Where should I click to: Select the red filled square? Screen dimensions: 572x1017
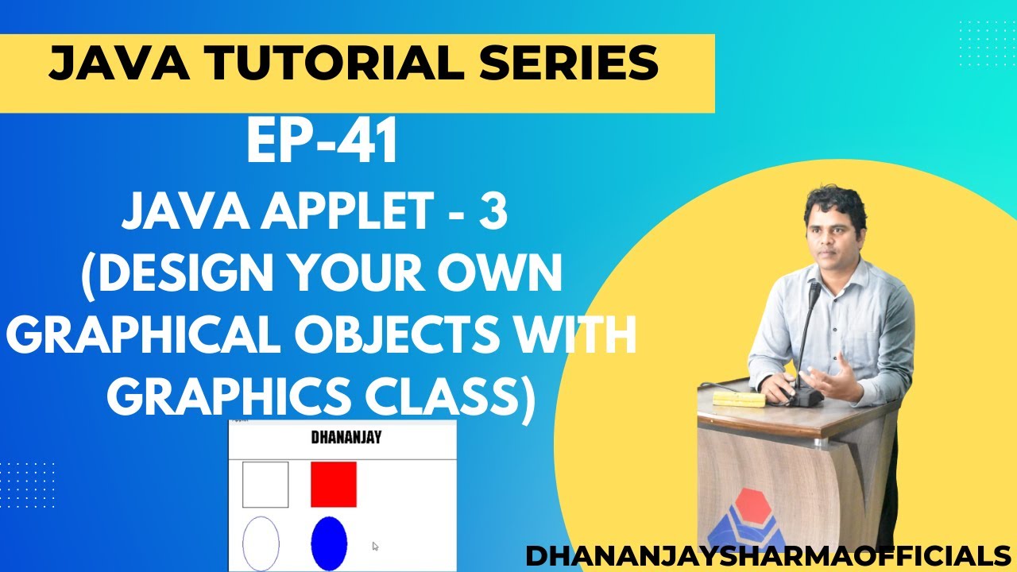pyautogui.click(x=334, y=484)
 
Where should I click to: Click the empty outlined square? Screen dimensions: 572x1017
pyautogui.click(x=265, y=484)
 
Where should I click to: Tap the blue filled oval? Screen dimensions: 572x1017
pyautogui.click(x=329, y=543)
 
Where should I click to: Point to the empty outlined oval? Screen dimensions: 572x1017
pyautogui.click(x=261, y=543)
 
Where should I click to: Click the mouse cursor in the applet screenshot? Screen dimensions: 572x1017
pyautogui.click(x=376, y=547)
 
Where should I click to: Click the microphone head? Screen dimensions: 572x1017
pyautogui.click(x=814, y=294)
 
